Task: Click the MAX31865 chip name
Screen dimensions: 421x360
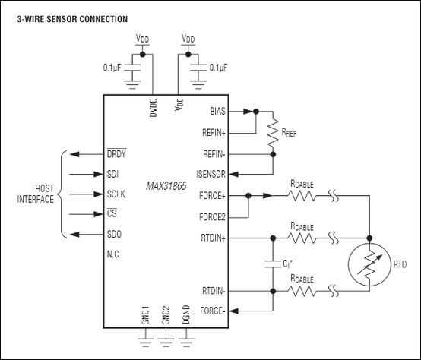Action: coord(166,186)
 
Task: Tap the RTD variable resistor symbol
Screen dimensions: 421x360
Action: coord(369,264)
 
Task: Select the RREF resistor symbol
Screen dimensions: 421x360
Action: coord(273,132)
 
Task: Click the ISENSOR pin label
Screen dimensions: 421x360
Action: coord(210,175)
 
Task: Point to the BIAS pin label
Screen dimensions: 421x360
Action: coord(218,112)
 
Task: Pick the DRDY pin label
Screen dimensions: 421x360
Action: coord(116,153)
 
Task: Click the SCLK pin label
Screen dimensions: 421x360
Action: coord(116,194)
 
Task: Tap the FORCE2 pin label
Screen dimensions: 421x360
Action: coord(212,216)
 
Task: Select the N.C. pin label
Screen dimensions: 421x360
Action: coord(114,254)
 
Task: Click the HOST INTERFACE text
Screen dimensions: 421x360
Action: coord(36,194)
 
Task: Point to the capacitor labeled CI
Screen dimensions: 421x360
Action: coord(273,264)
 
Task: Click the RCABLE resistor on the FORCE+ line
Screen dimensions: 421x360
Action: coord(302,196)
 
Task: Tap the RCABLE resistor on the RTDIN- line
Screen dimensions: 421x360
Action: coord(302,291)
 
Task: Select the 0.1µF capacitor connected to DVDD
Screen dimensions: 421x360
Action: coord(132,68)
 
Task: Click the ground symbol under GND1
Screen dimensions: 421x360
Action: coord(145,343)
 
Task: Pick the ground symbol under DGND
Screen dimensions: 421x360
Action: coord(186,343)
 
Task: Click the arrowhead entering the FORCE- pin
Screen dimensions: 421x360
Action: coord(234,311)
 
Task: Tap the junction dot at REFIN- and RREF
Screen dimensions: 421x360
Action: coord(273,154)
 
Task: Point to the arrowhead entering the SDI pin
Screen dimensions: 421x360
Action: coord(99,175)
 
